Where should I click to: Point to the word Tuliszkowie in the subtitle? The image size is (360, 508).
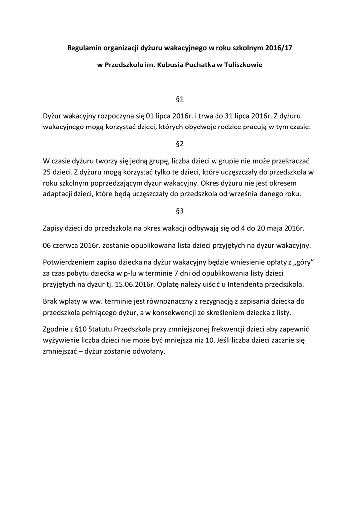[x=238, y=64]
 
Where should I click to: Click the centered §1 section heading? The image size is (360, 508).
[x=180, y=99]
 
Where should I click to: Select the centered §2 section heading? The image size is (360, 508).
[x=180, y=144]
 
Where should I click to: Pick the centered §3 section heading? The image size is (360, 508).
[x=180, y=211]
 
